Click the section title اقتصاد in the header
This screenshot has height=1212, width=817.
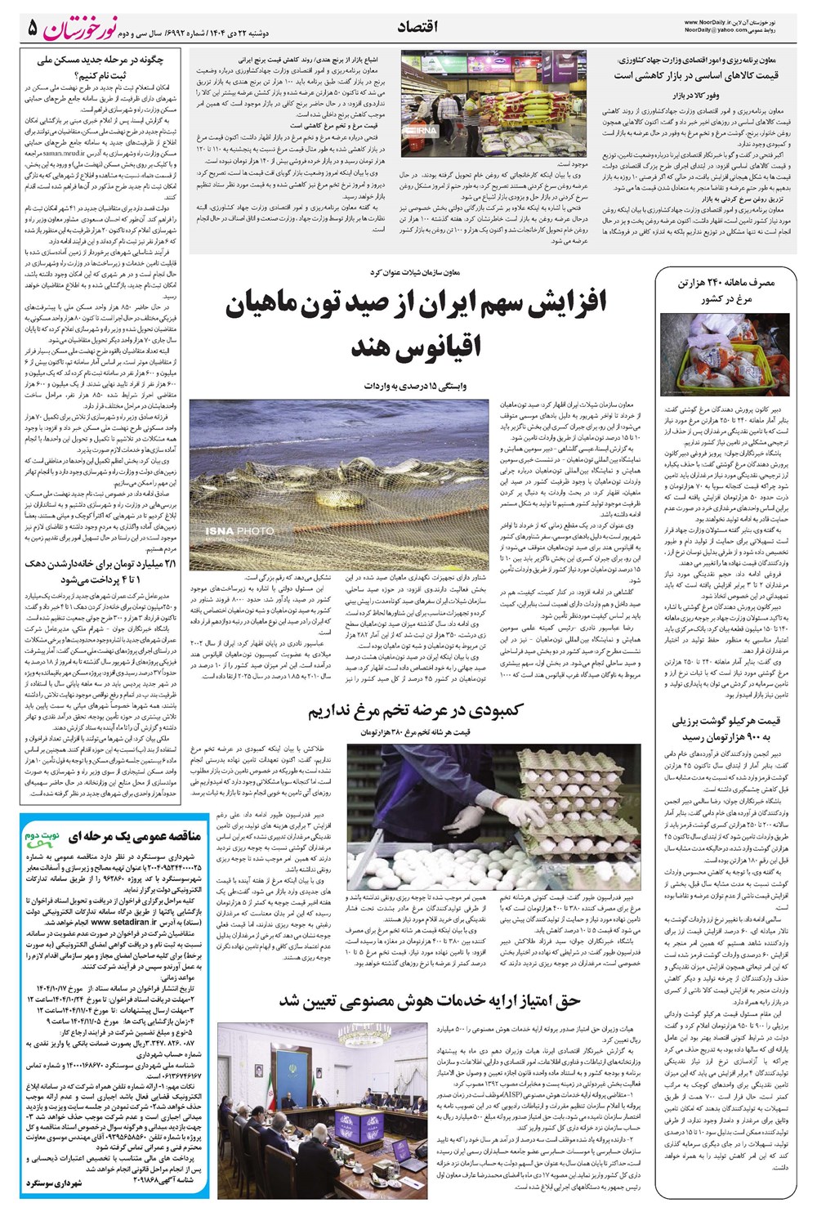tap(417, 27)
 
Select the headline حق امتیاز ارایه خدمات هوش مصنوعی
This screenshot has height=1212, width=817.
tap(430, 1001)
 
